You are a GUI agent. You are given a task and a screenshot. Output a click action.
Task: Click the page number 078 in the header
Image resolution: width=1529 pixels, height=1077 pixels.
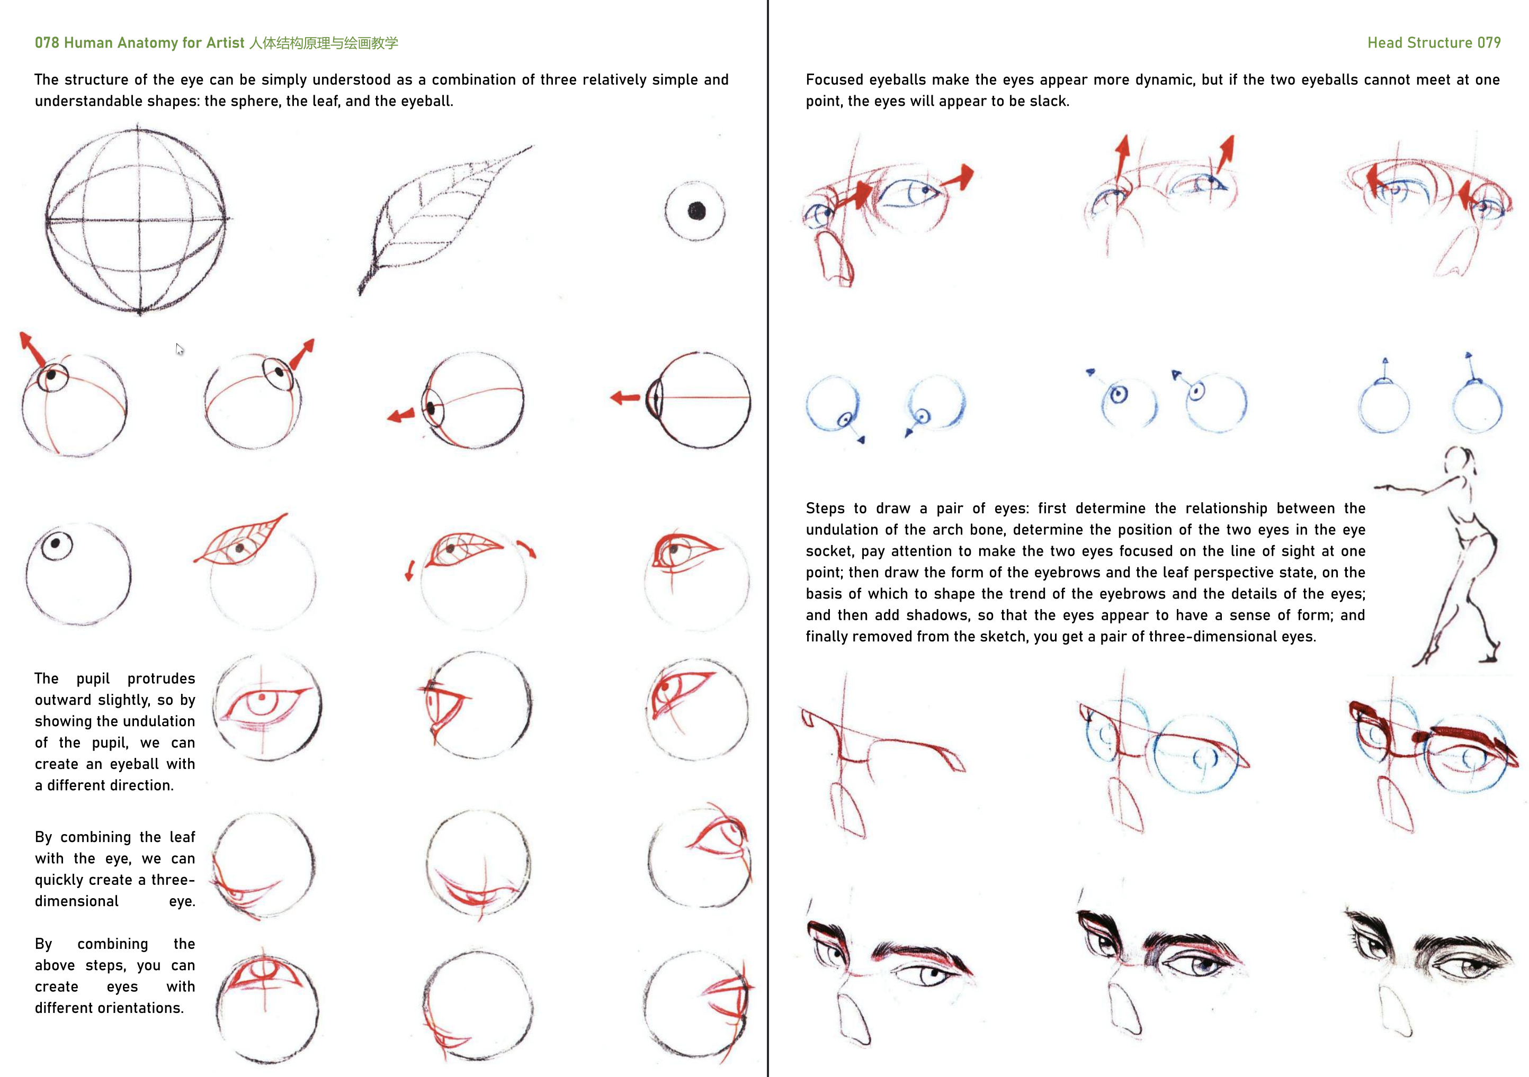[47, 42]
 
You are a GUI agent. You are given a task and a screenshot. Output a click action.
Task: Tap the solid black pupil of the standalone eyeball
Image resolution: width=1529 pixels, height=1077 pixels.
[696, 211]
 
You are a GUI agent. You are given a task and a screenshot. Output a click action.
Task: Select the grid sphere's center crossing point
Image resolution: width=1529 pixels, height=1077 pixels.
[139, 220]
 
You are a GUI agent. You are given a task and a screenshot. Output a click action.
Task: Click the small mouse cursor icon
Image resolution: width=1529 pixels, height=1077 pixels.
[180, 349]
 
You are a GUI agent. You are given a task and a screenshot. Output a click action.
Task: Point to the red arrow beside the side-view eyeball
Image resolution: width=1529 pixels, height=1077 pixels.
[625, 398]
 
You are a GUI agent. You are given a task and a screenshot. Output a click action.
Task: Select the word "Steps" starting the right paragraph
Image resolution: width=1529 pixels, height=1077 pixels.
[825, 509]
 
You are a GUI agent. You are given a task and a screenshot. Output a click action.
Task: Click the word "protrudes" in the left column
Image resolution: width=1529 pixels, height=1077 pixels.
[161, 679]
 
